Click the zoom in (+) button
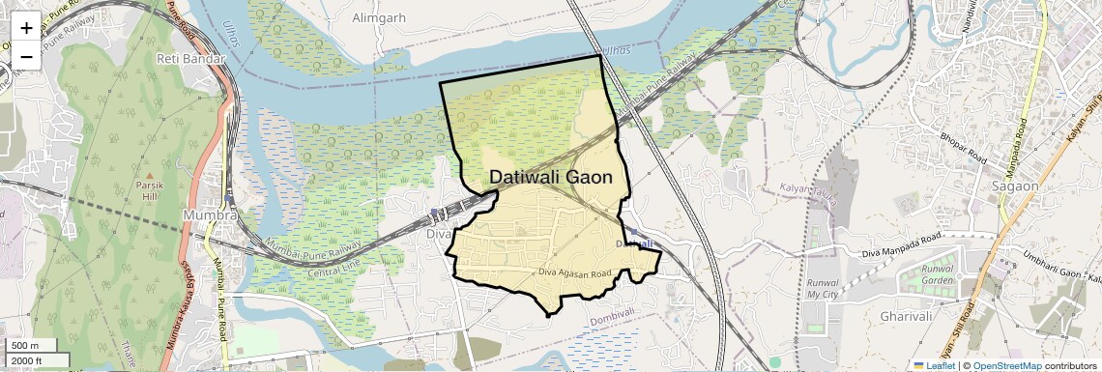(x=26, y=28)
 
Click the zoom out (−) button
(x=26, y=56)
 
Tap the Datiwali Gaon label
(x=551, y=178)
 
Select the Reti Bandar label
(x=190, y=59)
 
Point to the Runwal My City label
(x=823, y=289)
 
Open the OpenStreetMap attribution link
(x=1008, y=365)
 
